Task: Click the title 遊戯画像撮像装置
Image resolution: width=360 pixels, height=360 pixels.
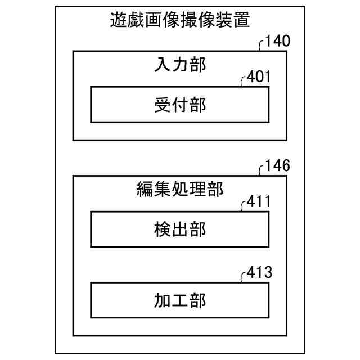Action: tap(179, 21)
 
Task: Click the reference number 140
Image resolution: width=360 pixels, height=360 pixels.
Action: tap(278, 42)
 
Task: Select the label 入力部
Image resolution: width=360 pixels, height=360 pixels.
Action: tap(180, 65)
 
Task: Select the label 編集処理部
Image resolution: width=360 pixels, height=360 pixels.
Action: tap(180, 190)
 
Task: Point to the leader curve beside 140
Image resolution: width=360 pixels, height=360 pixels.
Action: tap(260, 46)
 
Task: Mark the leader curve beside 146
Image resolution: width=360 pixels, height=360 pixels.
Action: tap(260, 170)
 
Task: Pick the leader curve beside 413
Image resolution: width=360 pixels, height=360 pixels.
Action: tap(242, 278)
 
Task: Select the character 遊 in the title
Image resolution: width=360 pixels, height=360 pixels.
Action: tap(118, 21)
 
